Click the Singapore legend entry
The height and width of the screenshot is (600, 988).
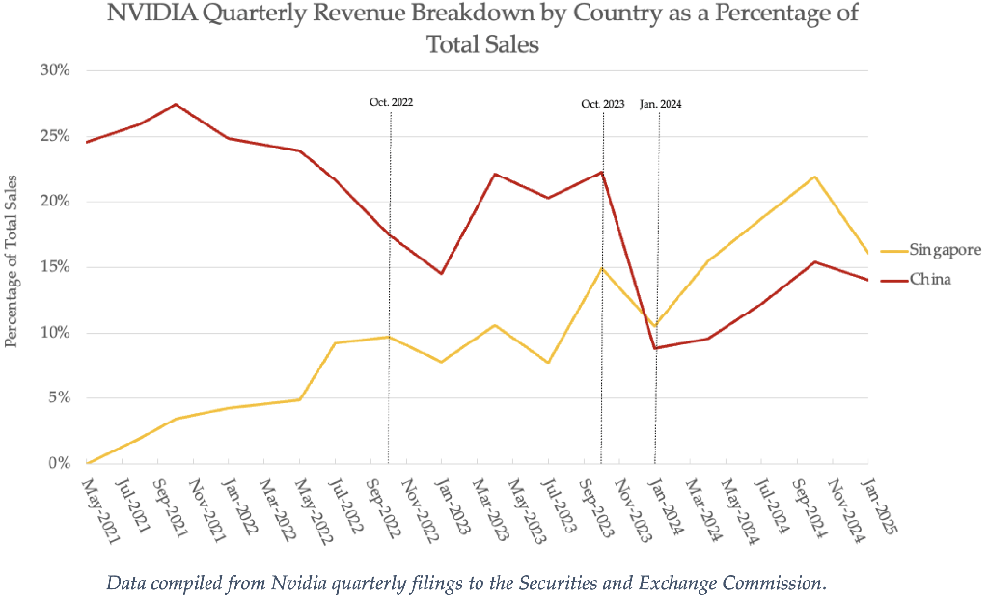point(932,250)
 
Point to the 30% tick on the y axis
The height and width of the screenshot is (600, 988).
point(55,70)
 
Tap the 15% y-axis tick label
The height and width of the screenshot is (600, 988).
point(55,266)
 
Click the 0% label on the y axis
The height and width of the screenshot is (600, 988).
point(59,463)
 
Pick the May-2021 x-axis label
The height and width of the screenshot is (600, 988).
point(99,510)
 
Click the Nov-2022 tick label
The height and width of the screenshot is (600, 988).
point(419,510)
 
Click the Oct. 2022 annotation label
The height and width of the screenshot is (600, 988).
point(392,102)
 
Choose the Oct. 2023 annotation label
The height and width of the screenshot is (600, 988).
point(603,104)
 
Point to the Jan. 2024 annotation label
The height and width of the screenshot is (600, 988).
point(660,104)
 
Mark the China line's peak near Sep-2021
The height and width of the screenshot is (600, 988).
point(176,104)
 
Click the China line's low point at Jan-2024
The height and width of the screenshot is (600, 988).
point(656,348)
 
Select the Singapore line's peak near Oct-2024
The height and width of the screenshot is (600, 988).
point(814,177)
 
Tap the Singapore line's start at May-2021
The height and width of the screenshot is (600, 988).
point(87,463)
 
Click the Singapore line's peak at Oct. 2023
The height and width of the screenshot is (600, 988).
point(602,268)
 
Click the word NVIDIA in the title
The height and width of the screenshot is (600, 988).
point(151,13)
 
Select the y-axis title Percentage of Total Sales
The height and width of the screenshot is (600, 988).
point(11,261)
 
